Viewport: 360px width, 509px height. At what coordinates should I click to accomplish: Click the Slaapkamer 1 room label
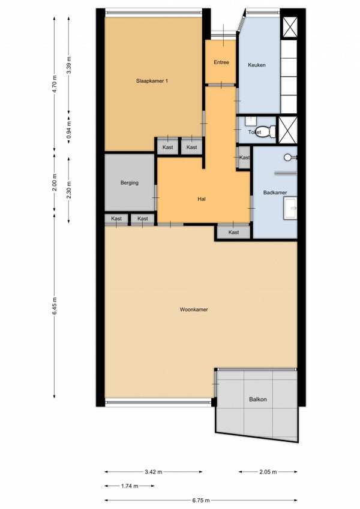point(152,81)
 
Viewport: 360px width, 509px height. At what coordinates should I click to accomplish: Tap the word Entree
point(221,62)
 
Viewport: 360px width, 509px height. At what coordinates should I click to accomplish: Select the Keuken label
point(257,65)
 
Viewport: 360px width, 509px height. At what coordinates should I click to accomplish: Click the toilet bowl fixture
point(266,131)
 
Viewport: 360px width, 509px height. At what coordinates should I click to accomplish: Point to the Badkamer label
point(275,192)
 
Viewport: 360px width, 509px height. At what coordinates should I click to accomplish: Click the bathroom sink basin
point(290,208)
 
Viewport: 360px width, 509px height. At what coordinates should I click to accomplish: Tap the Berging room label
point(130,183)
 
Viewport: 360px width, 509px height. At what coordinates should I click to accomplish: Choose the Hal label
point(202,199)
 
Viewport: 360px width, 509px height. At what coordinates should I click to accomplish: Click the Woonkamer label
point(194,310)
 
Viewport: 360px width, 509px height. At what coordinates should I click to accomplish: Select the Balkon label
point(257,399)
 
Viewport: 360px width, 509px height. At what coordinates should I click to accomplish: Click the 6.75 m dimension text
point(201,500)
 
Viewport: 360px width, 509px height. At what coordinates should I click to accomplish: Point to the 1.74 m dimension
point(130,486)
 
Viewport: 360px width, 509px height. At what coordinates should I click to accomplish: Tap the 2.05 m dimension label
point(268,472)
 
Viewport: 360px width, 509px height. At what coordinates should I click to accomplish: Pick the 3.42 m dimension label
point(154,472)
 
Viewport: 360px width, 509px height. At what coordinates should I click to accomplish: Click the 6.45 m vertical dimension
point(55,306)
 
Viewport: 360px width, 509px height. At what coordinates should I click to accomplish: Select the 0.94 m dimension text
point(69,130)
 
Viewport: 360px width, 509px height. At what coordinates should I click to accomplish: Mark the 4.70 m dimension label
point(55,84)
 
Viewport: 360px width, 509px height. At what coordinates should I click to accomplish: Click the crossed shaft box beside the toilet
point(288,130)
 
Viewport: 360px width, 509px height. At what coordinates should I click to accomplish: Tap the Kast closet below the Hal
point(233,232)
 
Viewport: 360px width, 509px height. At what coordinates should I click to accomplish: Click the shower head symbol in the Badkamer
point(287,158)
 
